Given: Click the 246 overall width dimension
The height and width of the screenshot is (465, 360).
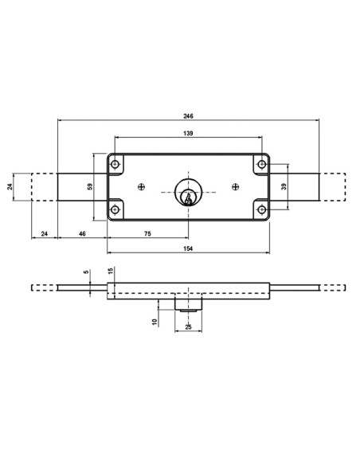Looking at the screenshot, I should (188, 115).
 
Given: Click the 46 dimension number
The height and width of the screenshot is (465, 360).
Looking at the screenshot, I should (82, 234).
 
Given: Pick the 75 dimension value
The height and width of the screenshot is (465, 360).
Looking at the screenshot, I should (148, 234).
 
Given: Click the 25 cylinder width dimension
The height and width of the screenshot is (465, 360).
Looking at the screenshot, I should (189, 326).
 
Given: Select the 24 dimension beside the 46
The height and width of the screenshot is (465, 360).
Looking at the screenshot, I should (44, 234).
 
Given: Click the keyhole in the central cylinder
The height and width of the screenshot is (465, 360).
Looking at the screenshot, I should (189, 194).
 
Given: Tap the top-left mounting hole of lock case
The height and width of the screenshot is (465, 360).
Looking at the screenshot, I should (116, 164).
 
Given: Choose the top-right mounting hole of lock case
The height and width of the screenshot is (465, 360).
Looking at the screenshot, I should (260, 164).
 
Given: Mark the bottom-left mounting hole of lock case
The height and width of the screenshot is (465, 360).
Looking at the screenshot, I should (116, 210).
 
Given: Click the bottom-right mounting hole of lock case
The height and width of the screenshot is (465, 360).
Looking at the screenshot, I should (260, 210).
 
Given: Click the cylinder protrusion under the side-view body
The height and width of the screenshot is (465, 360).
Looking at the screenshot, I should (189, 306).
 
